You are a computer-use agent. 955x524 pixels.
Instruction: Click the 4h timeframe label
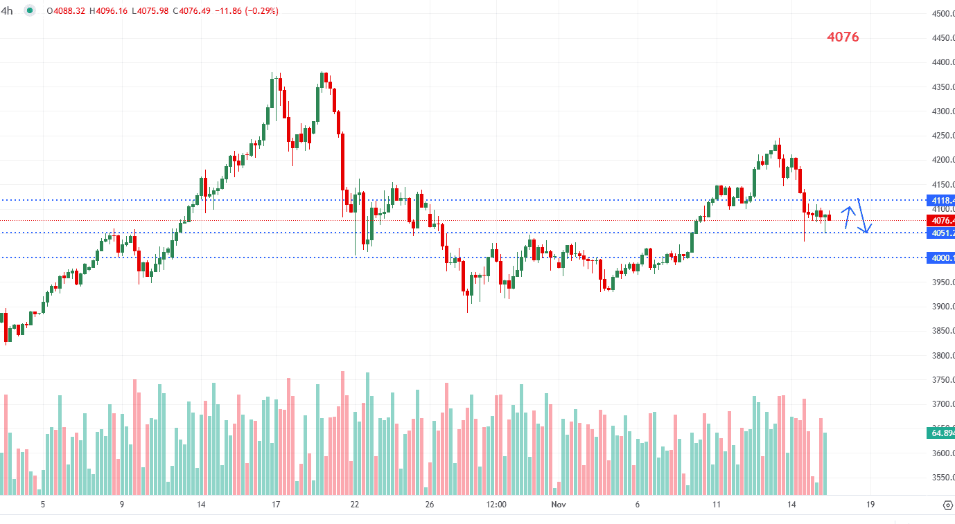tap(7, 11)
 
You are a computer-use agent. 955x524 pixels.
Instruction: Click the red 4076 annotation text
tap(843, 37)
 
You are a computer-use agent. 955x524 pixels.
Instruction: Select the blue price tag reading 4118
tap(941, 200)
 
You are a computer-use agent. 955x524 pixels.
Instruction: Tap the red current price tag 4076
tap(941, 221)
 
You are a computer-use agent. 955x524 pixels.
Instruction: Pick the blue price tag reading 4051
tap(941, 233)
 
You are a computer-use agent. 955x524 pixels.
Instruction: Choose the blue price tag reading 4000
tap(941, 258)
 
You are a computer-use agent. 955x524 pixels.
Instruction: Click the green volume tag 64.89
tap(941, 433)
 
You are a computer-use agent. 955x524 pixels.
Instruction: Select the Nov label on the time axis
tap(559, 505)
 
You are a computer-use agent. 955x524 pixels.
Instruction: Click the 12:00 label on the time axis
tap(497, 505)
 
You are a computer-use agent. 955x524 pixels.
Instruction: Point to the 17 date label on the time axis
tap(276, 505)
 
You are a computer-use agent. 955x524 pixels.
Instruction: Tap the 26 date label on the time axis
tap(430, 505)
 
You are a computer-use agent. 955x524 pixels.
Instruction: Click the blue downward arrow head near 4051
tap(866, 231)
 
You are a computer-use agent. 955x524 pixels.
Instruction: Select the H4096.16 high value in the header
tap(103, 11)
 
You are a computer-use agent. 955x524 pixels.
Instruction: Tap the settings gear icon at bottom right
tap(948, 505)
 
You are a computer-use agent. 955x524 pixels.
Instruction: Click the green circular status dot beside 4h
tap(30, 11)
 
